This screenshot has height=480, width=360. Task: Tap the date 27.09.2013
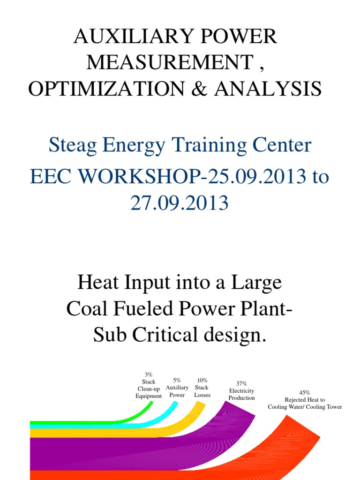[x=180, y=203]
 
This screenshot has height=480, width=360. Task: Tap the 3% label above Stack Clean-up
[x=149, y=375]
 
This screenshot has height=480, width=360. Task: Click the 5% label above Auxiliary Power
[x=177, y=380]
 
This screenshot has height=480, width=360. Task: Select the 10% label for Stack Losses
[x=202, y=380]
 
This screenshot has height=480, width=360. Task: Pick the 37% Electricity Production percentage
[x=241, y=383]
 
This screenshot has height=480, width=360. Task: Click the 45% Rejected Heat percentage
[x=305, y=393]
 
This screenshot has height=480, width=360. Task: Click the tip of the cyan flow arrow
[x=175, y=404]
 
